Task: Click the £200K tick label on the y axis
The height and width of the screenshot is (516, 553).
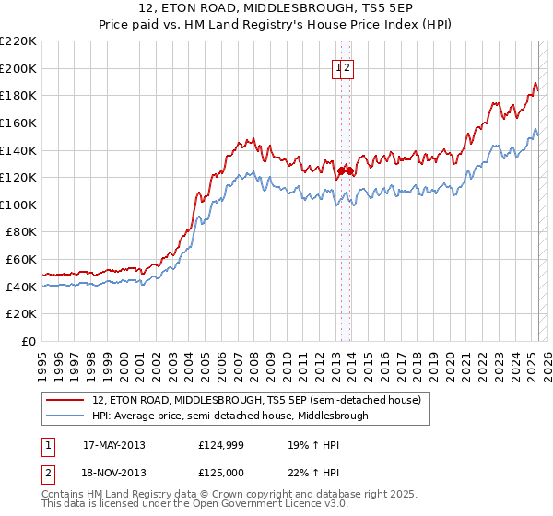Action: click(19, 68)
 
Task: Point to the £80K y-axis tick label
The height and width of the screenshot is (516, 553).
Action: click(22, 232)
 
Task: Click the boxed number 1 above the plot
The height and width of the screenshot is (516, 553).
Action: click(338, 67)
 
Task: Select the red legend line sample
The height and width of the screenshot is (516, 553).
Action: click(64, 400)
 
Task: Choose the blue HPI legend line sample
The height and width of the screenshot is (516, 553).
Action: click(64, 416)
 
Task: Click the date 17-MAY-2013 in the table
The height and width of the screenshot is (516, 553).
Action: click(113, 445)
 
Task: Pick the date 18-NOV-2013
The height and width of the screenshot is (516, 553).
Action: click(113, 472)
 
